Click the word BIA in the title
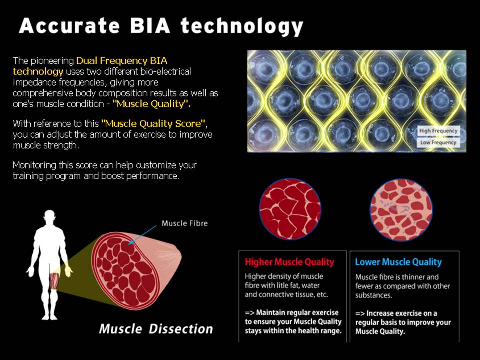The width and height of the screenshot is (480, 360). (150, 25)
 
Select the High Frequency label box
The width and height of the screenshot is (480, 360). (438, 131)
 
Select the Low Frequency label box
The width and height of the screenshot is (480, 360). (438, 142)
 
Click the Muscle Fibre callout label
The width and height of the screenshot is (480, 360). (185, 223)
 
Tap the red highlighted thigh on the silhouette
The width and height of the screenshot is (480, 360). (54, 280)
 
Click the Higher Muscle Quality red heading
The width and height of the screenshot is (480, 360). (289, 262)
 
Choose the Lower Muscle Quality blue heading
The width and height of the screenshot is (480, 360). (398, 262)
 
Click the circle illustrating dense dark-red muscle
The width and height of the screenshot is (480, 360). (290, 209)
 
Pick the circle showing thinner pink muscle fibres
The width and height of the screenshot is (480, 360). (401, 210)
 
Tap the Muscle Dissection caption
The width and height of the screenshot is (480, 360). (156, 329)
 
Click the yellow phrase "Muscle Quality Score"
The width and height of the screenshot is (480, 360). (153, 124)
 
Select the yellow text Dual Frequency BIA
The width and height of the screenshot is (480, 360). (122, 61)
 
